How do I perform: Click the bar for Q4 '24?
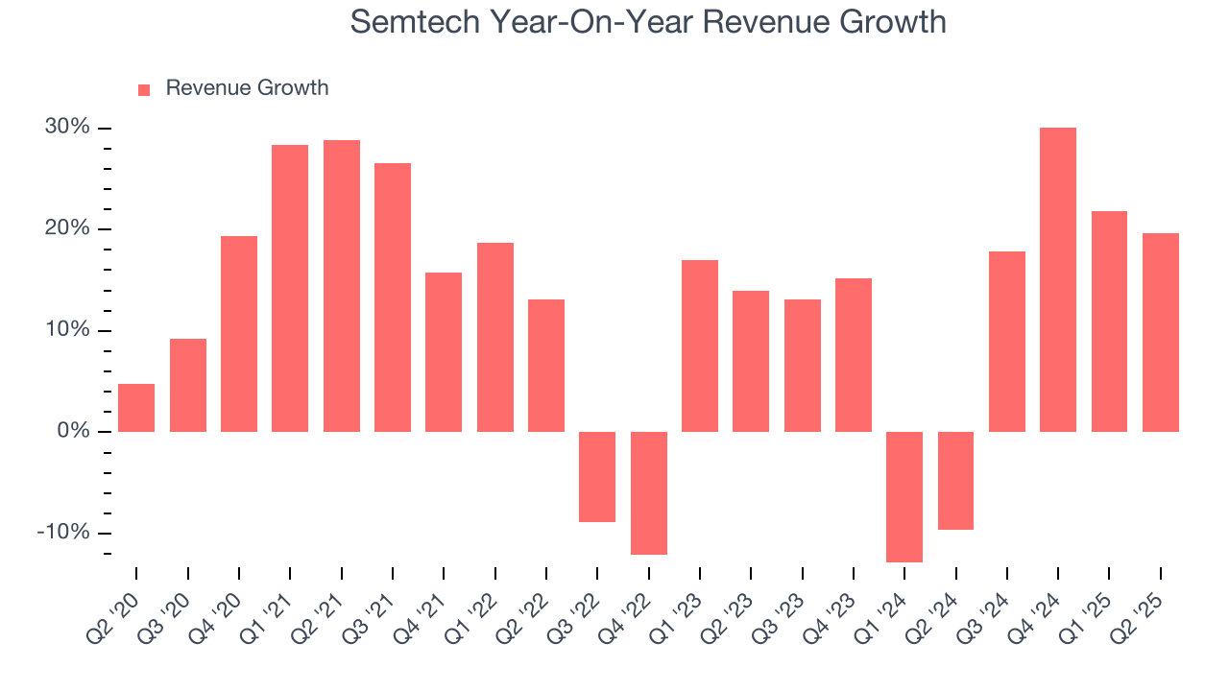pos(1058,279)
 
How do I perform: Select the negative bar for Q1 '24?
pos(904,496)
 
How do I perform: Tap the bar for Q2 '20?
pos(136,408)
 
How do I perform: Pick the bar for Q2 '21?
pos(342,286)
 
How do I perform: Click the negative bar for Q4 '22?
pos(649,492)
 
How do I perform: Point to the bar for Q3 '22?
pos(597,476)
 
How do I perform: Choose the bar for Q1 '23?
pos(700,345)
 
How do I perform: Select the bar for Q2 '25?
pos(1160,332)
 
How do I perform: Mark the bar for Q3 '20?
pos(188,385)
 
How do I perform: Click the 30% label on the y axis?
pos(67,128)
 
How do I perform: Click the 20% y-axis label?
pos(67,228)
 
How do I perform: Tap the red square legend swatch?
pos(144,89)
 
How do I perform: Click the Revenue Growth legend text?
pos(247,88)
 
